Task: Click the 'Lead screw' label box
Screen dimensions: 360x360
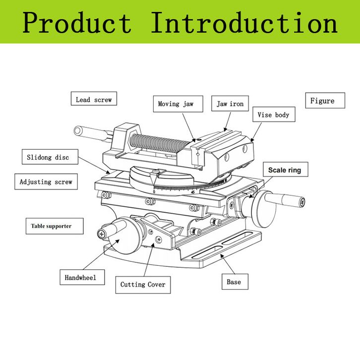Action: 94,99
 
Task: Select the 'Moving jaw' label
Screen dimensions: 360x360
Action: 178,104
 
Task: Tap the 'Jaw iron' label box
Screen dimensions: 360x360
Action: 230,104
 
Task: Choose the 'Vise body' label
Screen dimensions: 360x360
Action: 274,115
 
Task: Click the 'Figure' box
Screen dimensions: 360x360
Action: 325,100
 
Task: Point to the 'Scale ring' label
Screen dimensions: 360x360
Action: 286,170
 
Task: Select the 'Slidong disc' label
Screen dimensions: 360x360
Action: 50,157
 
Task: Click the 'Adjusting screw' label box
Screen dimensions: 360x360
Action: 46,181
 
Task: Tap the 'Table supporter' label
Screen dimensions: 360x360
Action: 55,226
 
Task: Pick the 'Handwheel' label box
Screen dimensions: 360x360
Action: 82,277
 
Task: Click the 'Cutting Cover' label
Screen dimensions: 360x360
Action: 143,285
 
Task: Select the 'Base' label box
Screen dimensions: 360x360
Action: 235,282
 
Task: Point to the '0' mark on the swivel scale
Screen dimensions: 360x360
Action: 154,192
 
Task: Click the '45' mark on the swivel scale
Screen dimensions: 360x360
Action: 193,192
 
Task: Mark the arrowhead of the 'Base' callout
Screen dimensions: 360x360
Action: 222,256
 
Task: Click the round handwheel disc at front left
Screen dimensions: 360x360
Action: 123,237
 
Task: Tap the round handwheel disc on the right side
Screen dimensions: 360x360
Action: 264,209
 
